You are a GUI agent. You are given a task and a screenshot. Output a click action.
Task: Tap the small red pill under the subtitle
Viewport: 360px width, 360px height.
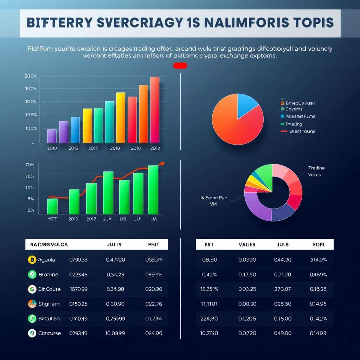180,66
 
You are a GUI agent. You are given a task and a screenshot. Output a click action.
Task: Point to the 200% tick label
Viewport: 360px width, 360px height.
31,76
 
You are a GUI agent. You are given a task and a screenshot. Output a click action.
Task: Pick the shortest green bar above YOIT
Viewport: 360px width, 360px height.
52,206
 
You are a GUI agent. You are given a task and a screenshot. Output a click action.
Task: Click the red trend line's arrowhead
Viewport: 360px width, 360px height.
162,163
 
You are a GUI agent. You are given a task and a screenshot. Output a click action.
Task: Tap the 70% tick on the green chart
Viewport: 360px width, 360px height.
30,165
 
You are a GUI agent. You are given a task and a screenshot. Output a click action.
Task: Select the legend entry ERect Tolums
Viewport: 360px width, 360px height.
302,131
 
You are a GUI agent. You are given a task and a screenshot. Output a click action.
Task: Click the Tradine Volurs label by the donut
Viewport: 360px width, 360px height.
316,171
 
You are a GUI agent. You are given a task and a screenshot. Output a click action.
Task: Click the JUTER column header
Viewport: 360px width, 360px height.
114,245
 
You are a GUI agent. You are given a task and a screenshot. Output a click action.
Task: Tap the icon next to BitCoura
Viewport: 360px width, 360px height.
32,289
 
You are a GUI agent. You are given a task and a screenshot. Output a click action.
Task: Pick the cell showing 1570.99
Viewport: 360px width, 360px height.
79,289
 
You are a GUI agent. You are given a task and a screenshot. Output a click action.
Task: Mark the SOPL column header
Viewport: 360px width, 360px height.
319,245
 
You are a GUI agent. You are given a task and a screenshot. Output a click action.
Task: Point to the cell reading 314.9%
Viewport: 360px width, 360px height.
319,260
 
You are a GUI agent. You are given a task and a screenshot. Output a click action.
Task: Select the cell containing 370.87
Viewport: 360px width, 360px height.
282,289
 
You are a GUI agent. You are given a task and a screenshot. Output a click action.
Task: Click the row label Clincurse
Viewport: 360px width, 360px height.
49,334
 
